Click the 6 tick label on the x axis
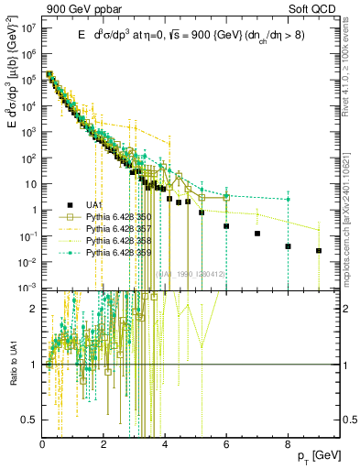click(226, 447)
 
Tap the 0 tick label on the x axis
click(42, 447)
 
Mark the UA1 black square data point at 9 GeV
click(319, 250)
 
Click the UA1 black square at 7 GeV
click(257, 234)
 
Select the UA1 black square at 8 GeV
click(288, 246)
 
